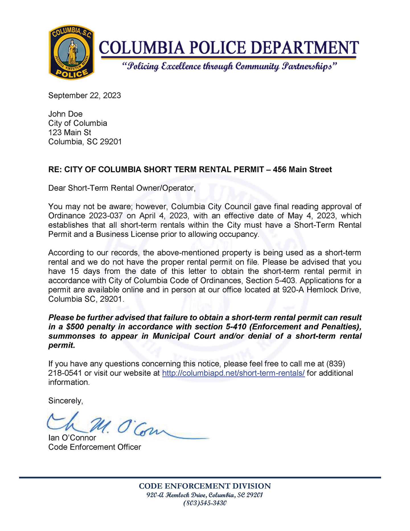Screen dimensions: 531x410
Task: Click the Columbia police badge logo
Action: [x=71, y=52]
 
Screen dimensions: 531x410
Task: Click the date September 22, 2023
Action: [x=85, y=95]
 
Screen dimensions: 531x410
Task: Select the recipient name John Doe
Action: [x=65, y=114]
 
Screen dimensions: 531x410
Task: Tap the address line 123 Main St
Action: [x=70, y=132]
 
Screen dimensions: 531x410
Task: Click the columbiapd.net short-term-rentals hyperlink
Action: [x=233, y=373]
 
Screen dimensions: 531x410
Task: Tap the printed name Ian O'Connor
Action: [x=72, y=438]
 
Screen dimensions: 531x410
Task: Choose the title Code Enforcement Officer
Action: [x=95, y=447]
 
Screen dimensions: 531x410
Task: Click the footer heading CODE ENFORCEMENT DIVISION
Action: [x=205, y=486]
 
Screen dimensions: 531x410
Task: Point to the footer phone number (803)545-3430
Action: [x=205, y=503]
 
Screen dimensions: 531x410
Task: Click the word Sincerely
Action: [x=65, y=401]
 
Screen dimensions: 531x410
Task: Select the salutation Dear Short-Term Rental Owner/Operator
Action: [x=122, y=188]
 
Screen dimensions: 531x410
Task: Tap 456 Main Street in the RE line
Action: [x=302, y=169]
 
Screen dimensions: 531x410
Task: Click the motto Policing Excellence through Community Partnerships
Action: [x=229, y=67]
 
